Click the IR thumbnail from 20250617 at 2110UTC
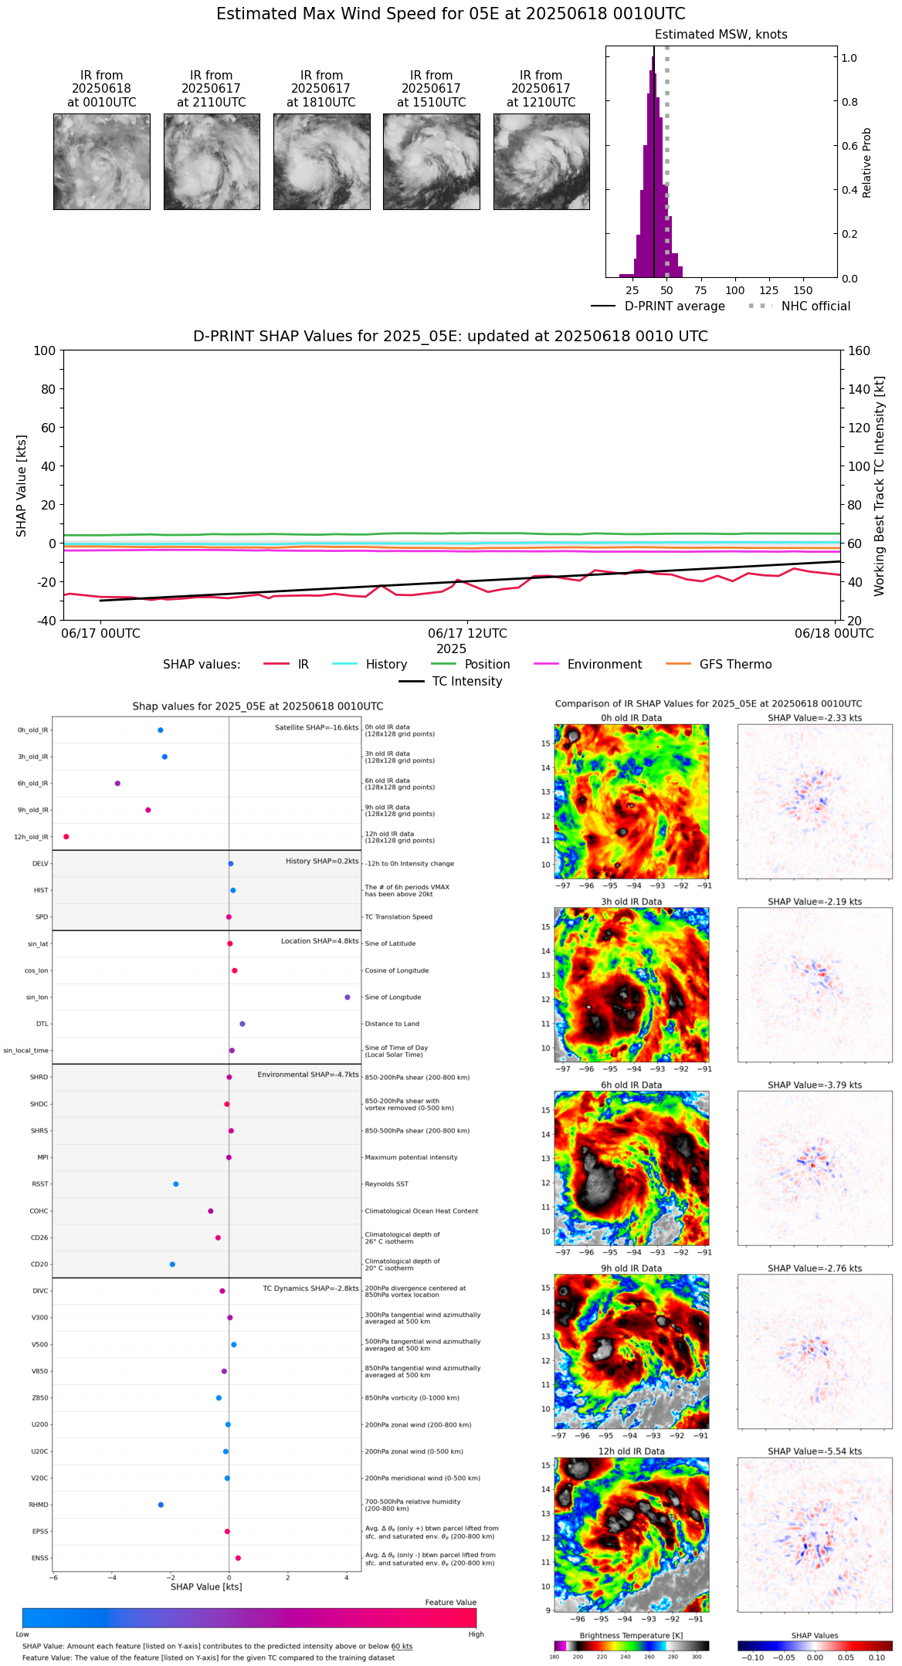tap(212, 161)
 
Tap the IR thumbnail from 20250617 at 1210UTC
tap(541, 161)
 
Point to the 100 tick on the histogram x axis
tap(735, 290)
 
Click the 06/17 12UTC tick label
tap(467, 634)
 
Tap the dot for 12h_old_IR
tap(66, 837)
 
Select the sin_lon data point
tap(348, 997)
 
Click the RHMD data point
tap(161, 1505)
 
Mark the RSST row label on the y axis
tap(40, 1184)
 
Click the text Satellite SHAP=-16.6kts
tap(317, 728)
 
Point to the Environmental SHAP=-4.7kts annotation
tap(308, 1075)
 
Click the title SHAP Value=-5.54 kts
tap(815, 1451)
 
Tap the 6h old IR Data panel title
tap(631, 1085)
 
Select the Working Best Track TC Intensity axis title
tap(880, 486)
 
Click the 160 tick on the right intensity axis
tap(860, 350)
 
